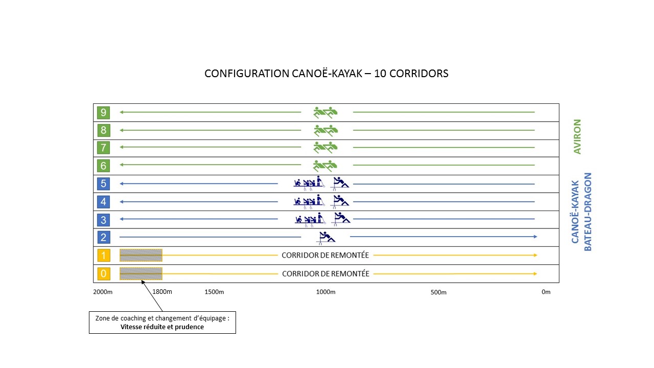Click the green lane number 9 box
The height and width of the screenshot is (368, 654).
[103, 112]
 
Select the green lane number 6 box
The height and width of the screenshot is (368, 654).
[103, 166]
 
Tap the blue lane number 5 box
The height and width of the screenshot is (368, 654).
[103, 183]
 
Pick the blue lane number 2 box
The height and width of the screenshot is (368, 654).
[103, 237]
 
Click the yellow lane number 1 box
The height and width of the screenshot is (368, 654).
[103, 256]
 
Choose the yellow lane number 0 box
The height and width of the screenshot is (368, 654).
[103, 273]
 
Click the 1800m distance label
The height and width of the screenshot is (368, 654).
[162, 291]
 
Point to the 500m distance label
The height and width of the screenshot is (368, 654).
[438, 292]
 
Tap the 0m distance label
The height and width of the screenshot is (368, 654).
[546, 292]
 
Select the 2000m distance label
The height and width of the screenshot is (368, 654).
[103, 292]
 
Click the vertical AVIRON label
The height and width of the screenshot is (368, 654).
[577, 136]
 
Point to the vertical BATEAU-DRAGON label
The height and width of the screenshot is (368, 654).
[588, 212]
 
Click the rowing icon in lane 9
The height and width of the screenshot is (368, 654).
[325, 112]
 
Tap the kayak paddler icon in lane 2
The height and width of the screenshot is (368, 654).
[326, 238]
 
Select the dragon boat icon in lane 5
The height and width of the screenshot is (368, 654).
[309, 183]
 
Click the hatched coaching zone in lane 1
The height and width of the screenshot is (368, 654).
[141, 255]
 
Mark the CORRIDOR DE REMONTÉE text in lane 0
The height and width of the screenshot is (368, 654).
[325, 273]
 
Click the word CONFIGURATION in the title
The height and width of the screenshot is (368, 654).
[247, 73]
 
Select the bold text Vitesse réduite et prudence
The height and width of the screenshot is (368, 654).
[162, 327]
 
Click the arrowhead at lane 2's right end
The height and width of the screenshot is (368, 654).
[535, 237]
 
